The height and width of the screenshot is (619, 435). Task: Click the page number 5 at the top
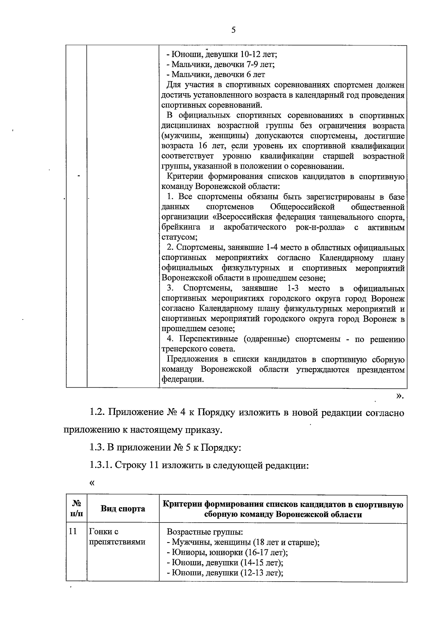coord(233,30)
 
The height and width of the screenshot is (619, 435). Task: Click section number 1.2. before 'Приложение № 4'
coord(98,413)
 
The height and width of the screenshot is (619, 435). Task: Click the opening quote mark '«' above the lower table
coord(92,483)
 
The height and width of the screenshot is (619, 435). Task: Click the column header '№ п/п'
coord(76,509)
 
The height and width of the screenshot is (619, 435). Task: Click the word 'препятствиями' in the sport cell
coord(117,542)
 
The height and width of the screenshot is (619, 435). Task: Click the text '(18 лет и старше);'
coord(286,542)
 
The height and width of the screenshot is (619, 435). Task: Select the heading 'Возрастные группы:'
coord(204,532)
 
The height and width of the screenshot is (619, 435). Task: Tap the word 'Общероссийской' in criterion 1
coord(302,207)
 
